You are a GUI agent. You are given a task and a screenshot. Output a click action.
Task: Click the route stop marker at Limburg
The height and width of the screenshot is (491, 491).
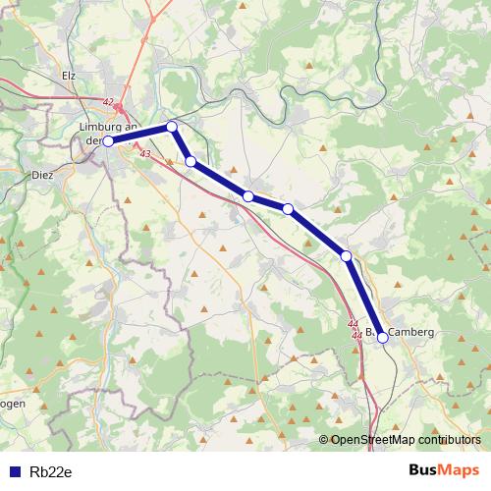tap(108, 141)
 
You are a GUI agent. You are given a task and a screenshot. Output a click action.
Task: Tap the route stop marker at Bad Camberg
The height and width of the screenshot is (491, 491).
tap(382, 337)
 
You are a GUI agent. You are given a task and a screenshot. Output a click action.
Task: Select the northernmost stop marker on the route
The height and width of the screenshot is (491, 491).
tap(172, 126)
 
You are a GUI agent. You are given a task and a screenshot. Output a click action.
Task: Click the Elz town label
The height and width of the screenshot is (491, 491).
tap(69, 75)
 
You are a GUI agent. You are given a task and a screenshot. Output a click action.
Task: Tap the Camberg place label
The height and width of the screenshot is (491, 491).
tap(410, 333)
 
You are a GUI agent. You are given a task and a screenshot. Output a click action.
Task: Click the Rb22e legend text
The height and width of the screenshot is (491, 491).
tap(51, 471)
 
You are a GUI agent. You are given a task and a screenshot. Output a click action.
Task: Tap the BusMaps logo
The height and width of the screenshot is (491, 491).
tap(444, 470)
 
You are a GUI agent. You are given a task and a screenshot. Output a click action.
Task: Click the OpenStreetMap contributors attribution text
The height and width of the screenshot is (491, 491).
tap(406, 440)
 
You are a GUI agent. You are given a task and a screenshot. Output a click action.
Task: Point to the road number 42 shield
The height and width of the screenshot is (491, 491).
tap(108, 101)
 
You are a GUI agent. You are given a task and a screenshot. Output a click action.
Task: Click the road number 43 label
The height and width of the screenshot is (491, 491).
tap(145, 154)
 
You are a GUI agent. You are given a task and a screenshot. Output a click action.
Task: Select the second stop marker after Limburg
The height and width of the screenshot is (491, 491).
tap(191, 161)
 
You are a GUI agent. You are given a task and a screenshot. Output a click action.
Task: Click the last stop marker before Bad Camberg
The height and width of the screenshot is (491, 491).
tap(347, 256)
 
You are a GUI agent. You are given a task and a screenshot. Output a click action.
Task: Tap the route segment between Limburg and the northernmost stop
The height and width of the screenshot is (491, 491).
tap(139, 134)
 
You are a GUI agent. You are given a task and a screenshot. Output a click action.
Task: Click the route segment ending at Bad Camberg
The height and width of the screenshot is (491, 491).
tap(364, 297)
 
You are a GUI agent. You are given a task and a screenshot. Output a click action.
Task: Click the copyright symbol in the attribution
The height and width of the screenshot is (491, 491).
tap(324, 440)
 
